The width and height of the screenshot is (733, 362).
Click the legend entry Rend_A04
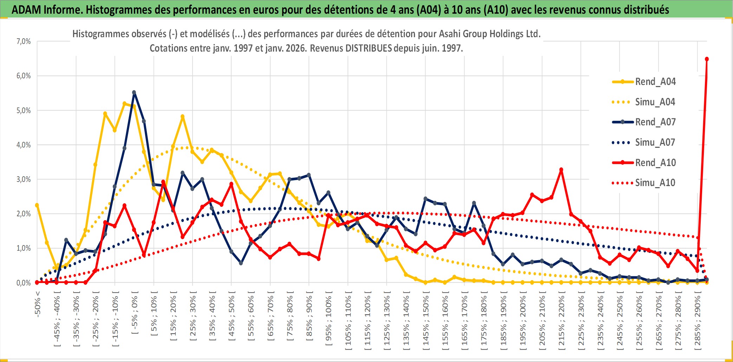click(655, 82)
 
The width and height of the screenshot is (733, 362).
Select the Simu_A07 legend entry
click(655, 143)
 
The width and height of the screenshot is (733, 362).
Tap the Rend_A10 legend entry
click(655, 163)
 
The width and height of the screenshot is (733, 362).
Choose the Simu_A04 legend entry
click(655, 102)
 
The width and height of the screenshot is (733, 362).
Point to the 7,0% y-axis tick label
click(24, 41)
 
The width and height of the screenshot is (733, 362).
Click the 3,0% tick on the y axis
click(24, 179)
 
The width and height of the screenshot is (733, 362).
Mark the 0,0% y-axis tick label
click(24, 283)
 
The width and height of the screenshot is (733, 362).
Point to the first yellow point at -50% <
click(37, 205)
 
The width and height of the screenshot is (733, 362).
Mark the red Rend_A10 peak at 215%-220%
click(561, 170)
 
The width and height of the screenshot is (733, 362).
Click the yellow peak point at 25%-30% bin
click(182, 117)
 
